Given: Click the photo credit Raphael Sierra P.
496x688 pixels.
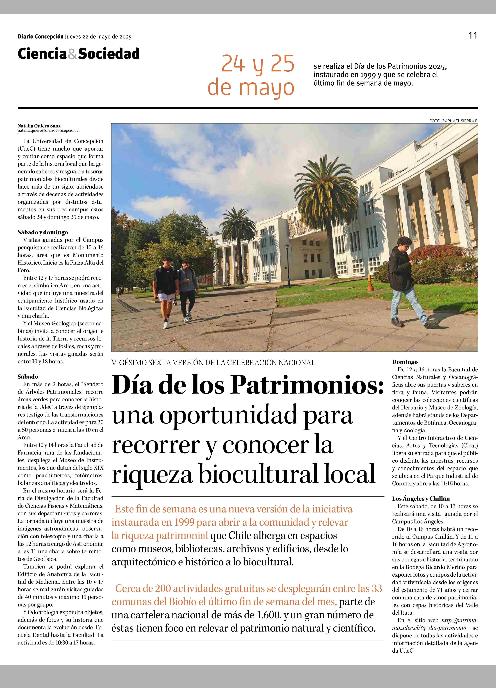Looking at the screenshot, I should coord(453,121).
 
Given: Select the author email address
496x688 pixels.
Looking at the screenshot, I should coord(48,130).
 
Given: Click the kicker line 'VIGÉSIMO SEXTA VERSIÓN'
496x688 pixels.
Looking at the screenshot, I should coord(214,363).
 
